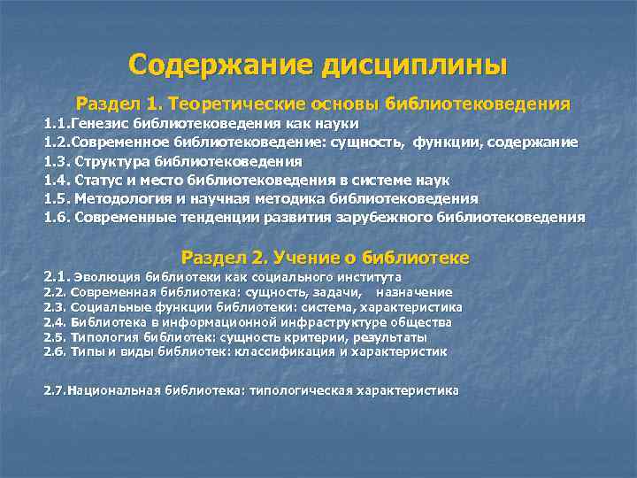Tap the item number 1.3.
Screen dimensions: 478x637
pyautogui.click(x=58, y=161)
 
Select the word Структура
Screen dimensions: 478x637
pyautogui.click(x=113, y=161)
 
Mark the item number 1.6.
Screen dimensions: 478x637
pyautogui.click(x=58, y=217)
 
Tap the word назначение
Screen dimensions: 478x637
pyautogui.click(x=414, y=291)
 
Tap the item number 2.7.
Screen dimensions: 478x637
pyautogui.click(x=55, y=389)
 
